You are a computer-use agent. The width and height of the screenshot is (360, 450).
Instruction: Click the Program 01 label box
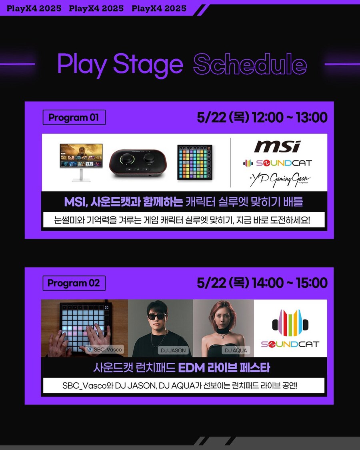click(74, 117)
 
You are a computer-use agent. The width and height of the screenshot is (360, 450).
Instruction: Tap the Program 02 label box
click(74, 283)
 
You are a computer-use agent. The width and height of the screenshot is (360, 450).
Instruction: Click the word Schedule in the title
click(250, 64)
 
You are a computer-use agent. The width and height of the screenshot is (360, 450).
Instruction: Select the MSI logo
click(277, 146)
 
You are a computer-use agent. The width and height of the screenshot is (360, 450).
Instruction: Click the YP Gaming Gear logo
click(280, 179)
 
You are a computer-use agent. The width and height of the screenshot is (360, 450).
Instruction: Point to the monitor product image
click(81, 162)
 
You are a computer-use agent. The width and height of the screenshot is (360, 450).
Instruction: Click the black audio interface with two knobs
click(138, 164)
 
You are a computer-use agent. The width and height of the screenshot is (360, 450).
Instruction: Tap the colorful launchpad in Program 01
click(195, 162)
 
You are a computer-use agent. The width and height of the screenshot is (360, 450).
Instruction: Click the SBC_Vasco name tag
click(105, 349)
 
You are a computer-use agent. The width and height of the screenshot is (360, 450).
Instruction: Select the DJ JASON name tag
click(173, 350)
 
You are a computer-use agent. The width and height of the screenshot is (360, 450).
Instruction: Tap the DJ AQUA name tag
click(236, 350)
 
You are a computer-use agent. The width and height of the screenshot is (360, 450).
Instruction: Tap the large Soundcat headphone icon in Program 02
click(290, 323)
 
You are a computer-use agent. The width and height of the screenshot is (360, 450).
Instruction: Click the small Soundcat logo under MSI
click(277, 163)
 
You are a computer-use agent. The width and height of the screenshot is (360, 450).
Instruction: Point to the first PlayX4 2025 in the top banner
click(34, 8)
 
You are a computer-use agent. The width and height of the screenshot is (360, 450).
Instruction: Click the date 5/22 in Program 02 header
click(211, 283)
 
